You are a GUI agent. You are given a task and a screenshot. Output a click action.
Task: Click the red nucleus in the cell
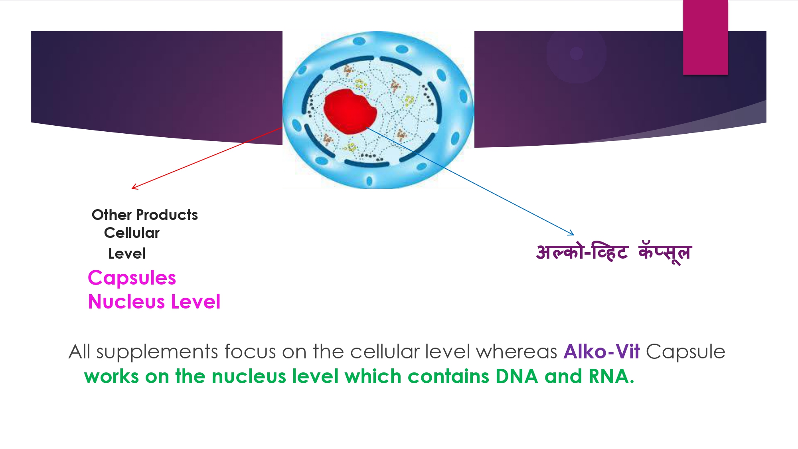click(x=350, y=111)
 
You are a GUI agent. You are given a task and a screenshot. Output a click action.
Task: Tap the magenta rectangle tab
click(x=705, y=37)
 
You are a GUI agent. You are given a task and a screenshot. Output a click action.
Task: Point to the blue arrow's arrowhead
click(x=572, y=233)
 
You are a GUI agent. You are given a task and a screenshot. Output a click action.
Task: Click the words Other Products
click(x=145, y=215)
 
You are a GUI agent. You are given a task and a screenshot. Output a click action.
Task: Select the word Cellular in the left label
click(x=132, y=233)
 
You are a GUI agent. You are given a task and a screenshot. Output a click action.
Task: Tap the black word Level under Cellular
click(x=127, y=253)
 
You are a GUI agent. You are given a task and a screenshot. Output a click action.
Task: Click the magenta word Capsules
click(x=132, y=278)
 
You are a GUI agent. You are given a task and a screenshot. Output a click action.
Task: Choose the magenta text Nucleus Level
click(x=154, y=301)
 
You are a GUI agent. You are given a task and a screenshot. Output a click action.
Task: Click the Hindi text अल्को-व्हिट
click(x=582, y=252)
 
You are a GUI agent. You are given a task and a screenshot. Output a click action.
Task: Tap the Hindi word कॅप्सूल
click(x=665, y=253)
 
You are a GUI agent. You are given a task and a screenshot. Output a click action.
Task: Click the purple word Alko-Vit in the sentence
click(x=602, y=352)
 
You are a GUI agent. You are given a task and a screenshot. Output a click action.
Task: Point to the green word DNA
click(x=517, y=376)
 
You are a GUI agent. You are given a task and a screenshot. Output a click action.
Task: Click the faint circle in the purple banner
click(x=576, y=53)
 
